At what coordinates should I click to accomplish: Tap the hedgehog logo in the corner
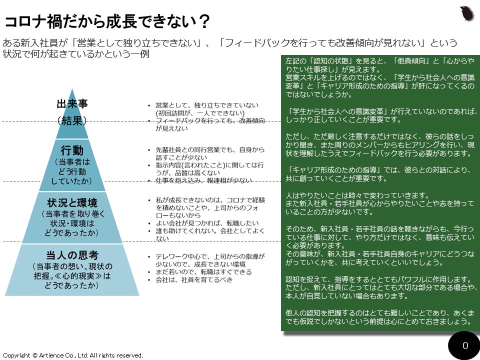pyautogui.click(x=466, y=13)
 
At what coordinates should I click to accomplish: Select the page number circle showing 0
pyautogui.click(x=465, y=345)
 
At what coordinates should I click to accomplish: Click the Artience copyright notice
pyautogui.click(x=73, y=355)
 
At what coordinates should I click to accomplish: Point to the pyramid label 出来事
pyautogui.click(x=72, y=104)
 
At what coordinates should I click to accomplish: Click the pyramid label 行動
pyautogui.click(x=72, y=150)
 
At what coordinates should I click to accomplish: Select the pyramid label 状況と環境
pyautogui.click(x=72, y=202)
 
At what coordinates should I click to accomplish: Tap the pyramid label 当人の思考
pyautogui.click(x=72, y=255)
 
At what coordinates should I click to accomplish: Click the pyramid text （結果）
pyautogui.click(x=72, y=120)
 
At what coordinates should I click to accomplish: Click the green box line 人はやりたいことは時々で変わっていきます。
pyautogui.click(x=355, y=194)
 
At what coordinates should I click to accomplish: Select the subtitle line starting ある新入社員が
pyautogui.click(x=230, y=43)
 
